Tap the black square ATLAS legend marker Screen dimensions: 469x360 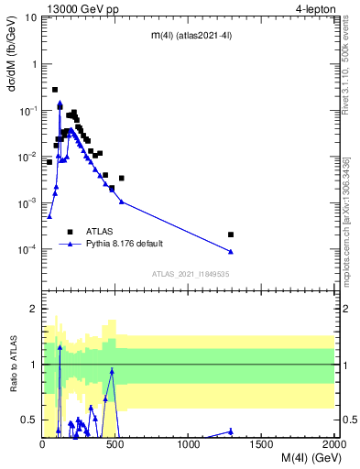70,232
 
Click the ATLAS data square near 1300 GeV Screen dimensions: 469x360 231,234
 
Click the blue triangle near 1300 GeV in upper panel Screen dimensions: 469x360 231,251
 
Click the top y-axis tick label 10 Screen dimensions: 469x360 30,17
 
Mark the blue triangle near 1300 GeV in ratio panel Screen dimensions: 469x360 231,431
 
